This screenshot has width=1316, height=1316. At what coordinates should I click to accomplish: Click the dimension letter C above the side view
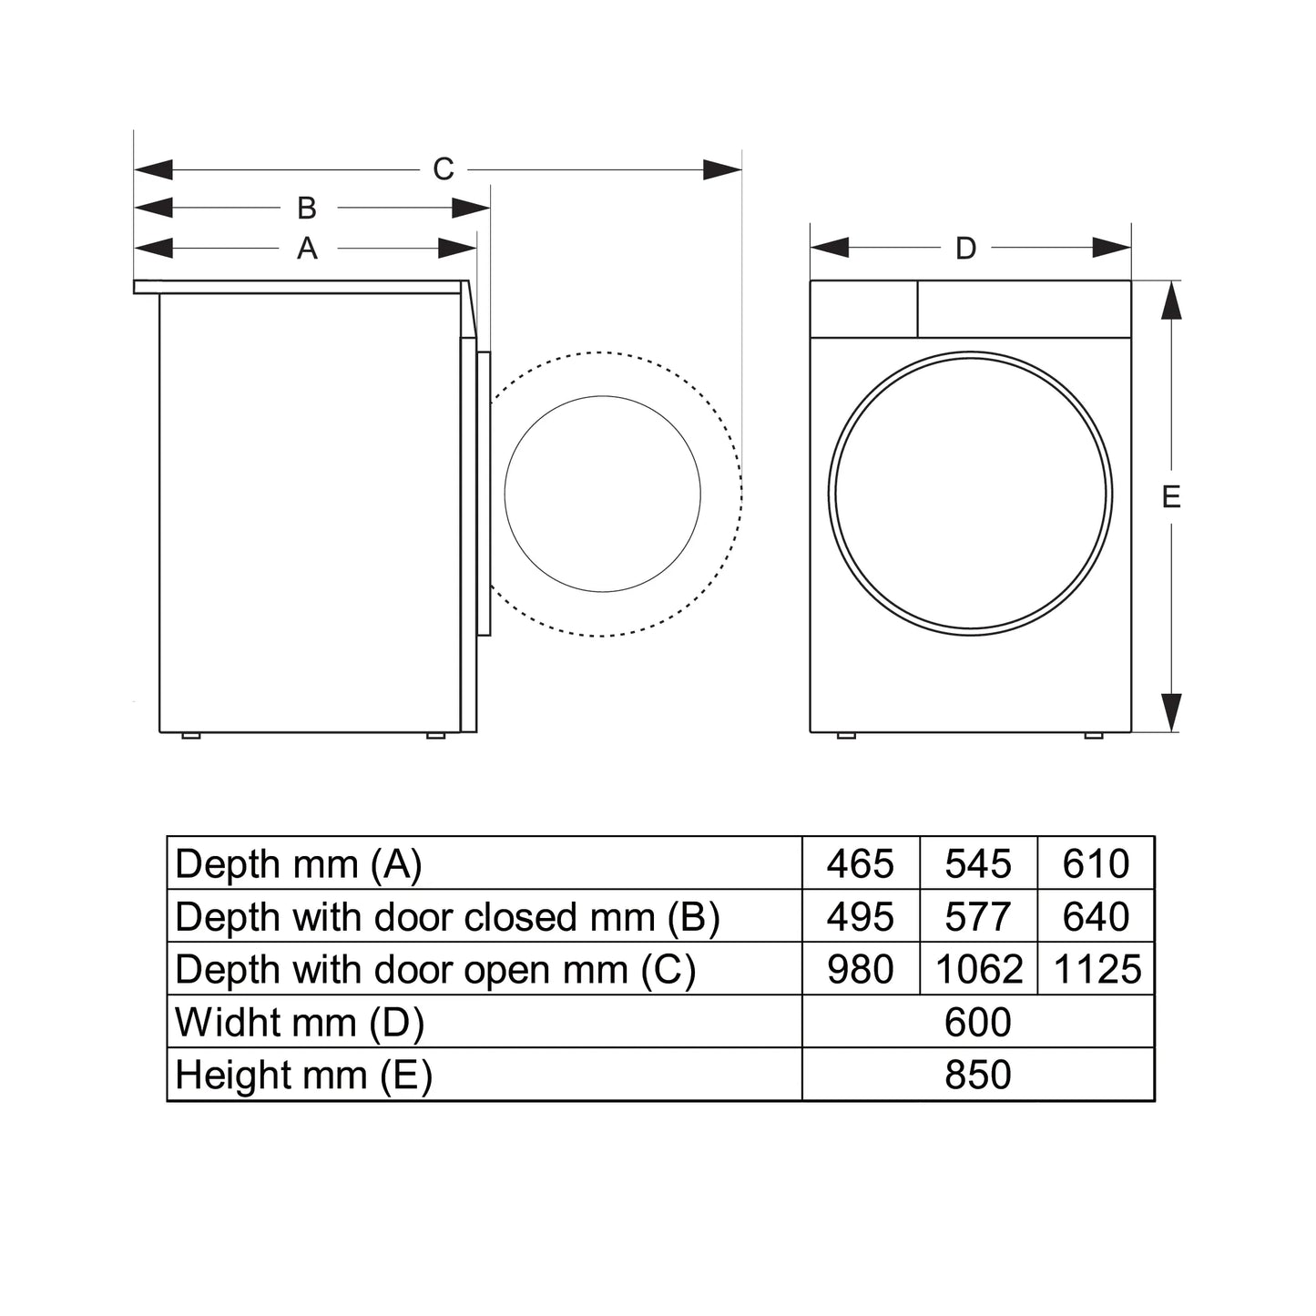(443, 169)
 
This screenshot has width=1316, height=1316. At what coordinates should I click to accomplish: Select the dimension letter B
(307, 209)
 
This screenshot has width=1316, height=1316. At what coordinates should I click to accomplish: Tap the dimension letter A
(307, 248)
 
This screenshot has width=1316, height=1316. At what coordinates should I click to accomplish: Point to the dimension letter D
(965, 248)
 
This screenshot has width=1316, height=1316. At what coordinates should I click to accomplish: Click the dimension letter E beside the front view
(1171, 497)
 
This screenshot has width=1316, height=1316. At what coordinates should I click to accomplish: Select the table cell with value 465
(860, 863)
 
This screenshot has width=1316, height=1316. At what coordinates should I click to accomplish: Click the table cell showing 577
(977, 916)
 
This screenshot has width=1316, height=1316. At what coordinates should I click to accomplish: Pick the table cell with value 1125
(1097, 969)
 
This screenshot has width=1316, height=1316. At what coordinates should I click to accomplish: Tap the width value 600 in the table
(977, 1022)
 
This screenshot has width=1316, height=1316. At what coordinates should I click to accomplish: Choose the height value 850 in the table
(977, 1075)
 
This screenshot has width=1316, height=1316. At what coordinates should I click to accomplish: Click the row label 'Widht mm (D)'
(300, 1022)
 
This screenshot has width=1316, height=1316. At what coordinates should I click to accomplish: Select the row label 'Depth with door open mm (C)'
(435, 969)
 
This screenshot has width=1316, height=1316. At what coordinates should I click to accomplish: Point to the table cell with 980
(860, 969)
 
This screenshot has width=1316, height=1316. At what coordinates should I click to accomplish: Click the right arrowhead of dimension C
(723, 169)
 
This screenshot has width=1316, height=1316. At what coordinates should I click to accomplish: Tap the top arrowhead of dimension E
(1171, 301)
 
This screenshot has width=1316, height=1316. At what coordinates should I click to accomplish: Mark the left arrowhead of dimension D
(830, 248)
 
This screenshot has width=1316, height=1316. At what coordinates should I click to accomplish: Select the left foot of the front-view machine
(846, 735)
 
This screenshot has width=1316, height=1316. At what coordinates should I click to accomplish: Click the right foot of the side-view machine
(436, 735)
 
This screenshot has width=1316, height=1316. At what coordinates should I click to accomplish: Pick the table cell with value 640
(1097, 916)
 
